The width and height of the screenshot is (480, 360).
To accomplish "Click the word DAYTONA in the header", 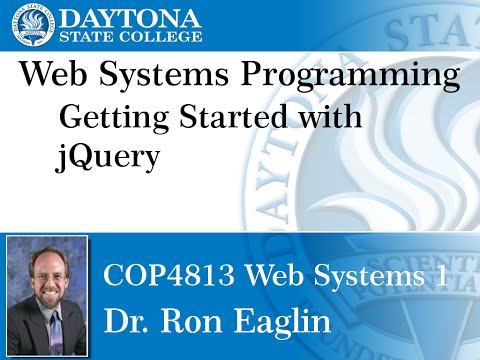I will tap(132, 17).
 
